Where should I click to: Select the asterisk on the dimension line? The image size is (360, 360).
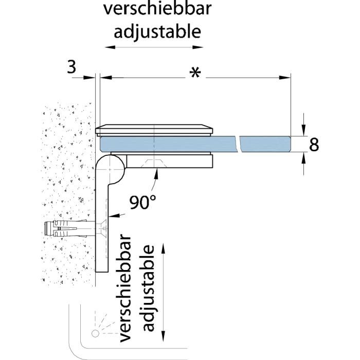[x=194, y=74]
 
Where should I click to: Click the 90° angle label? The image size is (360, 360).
[x=142, y=202]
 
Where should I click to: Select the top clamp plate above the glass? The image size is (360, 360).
[x=154, y=129]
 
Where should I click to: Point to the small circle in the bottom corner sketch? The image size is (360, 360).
[x=96, y=334]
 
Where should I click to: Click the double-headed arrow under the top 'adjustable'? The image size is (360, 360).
[x=154, y=47]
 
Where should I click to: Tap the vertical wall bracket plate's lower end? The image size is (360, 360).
[x=101, y=265]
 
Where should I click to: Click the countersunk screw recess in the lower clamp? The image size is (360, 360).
[x=154, y=162]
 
